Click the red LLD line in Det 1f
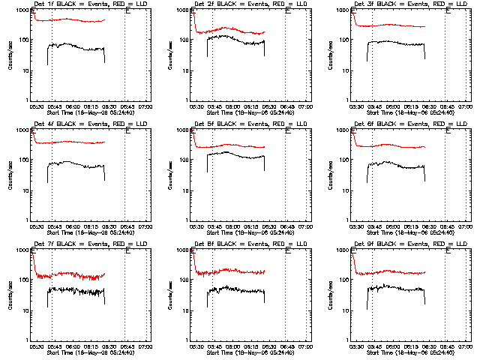coord(75,19)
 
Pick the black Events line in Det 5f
coord(240,155)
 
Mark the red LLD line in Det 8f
coord(240,271)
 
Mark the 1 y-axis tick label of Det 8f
coord(187,340)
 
